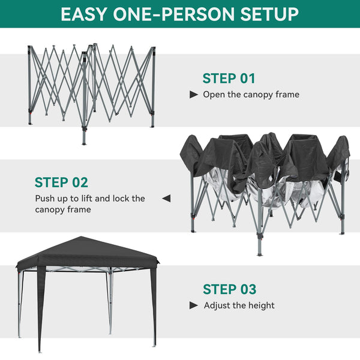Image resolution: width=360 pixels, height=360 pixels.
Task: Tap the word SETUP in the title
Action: tap(268, 14)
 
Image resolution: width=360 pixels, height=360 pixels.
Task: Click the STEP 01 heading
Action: tap(229, 79)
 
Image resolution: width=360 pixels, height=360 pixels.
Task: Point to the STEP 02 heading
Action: tap(61, 182)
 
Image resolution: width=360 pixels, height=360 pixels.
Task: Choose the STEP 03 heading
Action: tap(229, 289)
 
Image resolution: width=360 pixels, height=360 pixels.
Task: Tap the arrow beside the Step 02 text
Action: tap(167, 198)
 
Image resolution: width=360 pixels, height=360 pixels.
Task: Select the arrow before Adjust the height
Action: tap(194, 305)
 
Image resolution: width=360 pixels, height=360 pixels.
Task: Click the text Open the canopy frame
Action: tap(251, 95)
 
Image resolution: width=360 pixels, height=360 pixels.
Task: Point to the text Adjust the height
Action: tap(239, 305)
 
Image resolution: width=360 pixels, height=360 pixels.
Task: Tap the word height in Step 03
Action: tap(262, 305)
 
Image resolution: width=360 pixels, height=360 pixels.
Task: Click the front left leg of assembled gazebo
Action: tap(40, 312)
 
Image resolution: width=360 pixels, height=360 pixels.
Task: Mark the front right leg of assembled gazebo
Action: tap(154, 306)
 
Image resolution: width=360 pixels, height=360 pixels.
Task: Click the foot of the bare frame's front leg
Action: tap(84, 143)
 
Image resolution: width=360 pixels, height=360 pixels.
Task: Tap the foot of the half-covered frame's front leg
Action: tap(260, 253)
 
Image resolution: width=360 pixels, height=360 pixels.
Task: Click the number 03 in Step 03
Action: tap(247, 289)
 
